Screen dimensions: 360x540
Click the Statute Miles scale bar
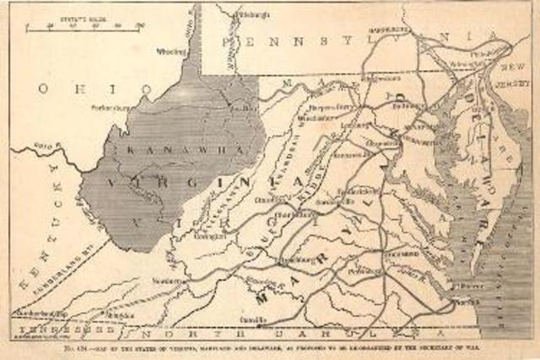[84, 26]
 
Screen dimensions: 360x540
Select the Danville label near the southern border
[270, 320]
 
